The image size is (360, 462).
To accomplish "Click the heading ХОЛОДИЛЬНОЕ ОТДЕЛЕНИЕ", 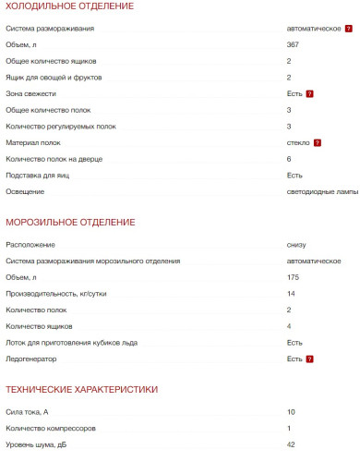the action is click(69, 7).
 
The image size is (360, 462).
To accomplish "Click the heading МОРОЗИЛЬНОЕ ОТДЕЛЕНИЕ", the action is click(70, 223).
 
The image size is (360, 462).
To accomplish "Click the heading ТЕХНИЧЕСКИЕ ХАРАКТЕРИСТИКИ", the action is click(81, 389).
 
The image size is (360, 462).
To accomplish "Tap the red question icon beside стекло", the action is click(317, 142).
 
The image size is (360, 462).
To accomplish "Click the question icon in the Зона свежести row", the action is click(310, 93).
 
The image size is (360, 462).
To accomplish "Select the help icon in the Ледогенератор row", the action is click(310, 359).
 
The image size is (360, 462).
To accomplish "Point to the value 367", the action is click(293, 44).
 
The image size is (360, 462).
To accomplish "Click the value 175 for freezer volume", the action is click(293, 277).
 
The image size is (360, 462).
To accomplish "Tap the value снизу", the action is click(296, 245).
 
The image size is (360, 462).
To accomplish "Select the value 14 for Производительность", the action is click(291, 294).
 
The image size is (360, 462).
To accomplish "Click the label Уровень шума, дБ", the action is click(37, 445).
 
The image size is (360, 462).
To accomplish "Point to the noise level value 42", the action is click(291, 445).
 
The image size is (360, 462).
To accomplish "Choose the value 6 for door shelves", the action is click(289, 159).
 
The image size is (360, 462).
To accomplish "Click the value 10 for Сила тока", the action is click(291, 412).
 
